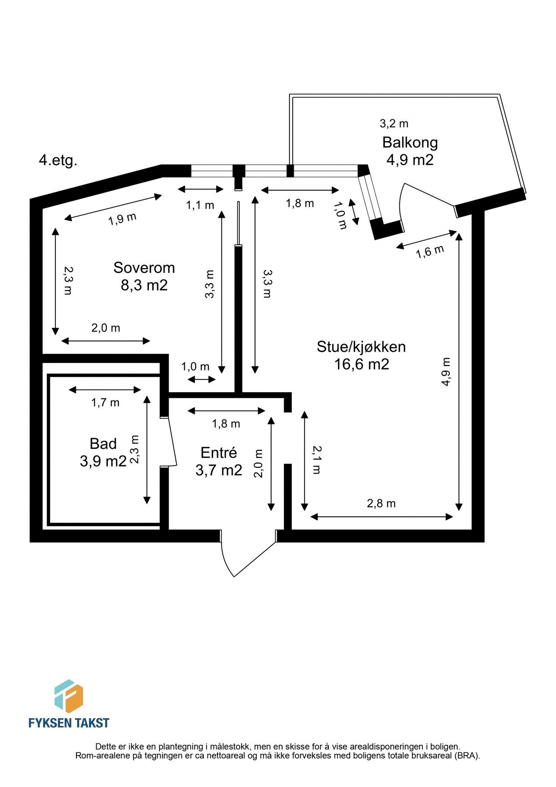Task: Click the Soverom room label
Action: pyautogui.click(x=144, y=268)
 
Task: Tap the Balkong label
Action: pyautogui.click(x=410, y=143)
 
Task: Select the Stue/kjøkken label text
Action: pyautogui.click(x=361, y=347)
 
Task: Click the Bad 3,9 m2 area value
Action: pyautogui.click(x=103, y=461)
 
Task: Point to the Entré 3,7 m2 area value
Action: pyautogui.click(x=218, y=470)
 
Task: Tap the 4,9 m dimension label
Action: pyautogui.click(x=445, y=372)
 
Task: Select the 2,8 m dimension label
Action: pyautogui.click(x=381, y=504)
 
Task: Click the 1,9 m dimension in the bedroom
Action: pyautogui.click(x=123, y=218)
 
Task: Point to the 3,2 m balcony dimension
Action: pyautogui.click(x=394, y=124)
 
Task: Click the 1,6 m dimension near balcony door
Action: pyautogui.click(x=430, y=251)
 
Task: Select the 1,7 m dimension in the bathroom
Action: pyautogui.click(x=105, y=402)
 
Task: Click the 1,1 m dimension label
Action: pyautogui.click(x=200, y=205)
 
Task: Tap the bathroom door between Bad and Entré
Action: pyautogui.click(x=172, y=442)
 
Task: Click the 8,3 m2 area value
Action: pyautogui.click(x=144, y=286)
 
